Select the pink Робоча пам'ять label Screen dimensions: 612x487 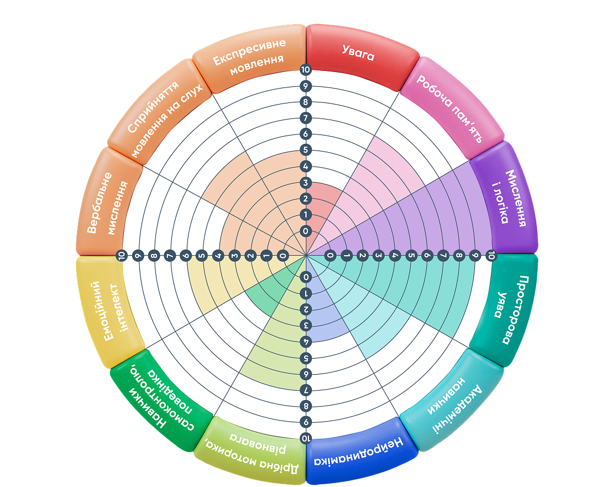(449, 108)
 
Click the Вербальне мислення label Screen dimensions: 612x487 (106, 203)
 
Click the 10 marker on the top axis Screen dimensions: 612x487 (305, 70)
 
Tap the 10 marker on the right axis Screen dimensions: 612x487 (491, 256)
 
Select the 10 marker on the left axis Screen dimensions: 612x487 (122, 256)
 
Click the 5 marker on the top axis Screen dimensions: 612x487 (306, 149)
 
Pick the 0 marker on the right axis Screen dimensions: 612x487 (330, 256)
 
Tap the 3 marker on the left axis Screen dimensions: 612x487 (234, 256)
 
